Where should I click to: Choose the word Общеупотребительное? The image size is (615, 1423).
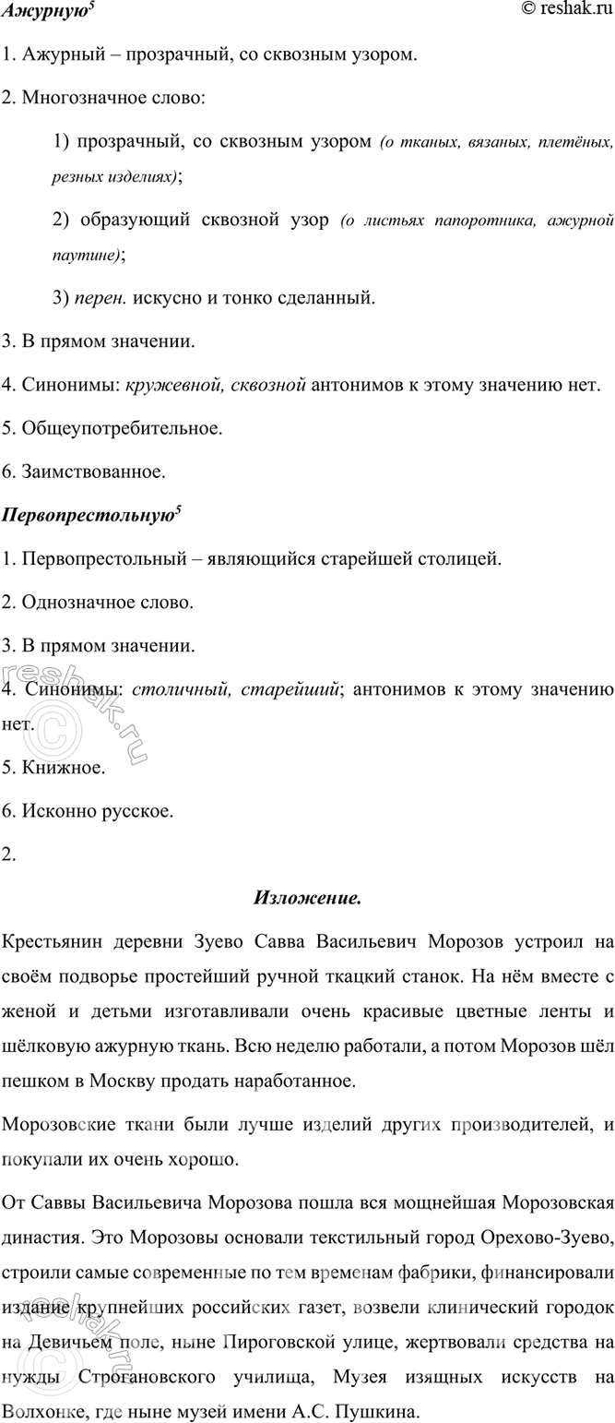119,428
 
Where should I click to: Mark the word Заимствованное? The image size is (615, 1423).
91,472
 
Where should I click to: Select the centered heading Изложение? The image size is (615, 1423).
306,897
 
